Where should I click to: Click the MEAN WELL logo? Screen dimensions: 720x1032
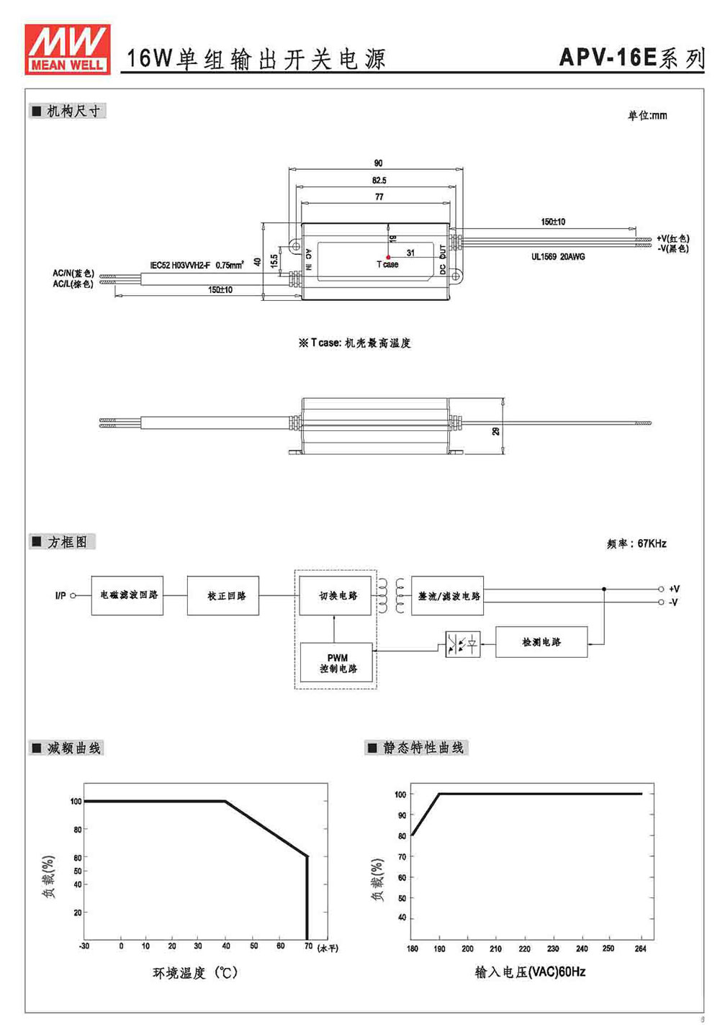pyautogui.click(x=68, y=49)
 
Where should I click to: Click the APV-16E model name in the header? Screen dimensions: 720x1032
pyautogui.click(x=608, y=58)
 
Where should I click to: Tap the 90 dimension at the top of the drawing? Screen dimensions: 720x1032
pyautogui.click(x=378, y=163)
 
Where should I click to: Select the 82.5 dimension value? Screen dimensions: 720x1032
pyautogui.click(x=379, y=180)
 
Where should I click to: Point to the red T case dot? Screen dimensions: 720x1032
pyautogui.click(x=388, y=258)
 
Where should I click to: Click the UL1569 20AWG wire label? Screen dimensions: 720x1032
pyautogui.click(x=558, y=257)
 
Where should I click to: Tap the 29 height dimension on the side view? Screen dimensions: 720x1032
pyautogui.click(x=495, y=431)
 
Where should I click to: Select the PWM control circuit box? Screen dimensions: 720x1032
pyautogui.click(x=336, y=662)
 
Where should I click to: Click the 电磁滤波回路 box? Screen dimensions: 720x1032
pyautogui.click(x=127, y=595)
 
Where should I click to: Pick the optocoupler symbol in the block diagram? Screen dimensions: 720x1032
pyautogui.click(x=463, y=644)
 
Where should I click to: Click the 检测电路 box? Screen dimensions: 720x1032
pyautogui.click(x=541, y=642)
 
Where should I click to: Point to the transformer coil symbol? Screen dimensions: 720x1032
pyautogui.click(x=391, y=596)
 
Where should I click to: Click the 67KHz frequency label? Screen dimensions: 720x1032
pyautogui.click(x=652, y=543)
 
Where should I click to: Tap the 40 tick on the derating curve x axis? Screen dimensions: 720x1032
pyautogui.click(x=226, y=946)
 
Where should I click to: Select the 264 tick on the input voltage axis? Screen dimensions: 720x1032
pyautogui.click(x=640, y=949)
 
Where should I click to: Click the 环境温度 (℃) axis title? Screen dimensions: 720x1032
pyautogui.click(x=195, y=972)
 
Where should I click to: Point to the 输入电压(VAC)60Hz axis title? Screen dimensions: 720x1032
pyautogui.click(x=530, y=972)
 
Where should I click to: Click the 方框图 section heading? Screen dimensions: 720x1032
pyautogui.click(x=67, y=542)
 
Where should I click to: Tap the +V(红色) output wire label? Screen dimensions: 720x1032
pyautogui.click(x=673, y=238)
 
